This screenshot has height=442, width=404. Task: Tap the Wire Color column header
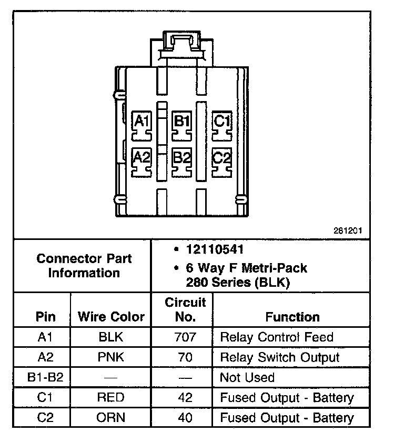coord(111,317)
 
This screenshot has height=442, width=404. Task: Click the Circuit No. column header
coord(186,309)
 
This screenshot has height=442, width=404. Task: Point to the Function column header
coord(292,317)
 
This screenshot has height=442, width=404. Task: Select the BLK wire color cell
coord(111,337)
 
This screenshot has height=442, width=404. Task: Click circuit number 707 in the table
coord(185,337)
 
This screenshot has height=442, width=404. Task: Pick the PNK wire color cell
coord(111,357)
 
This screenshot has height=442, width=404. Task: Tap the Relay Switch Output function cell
coord(279,357)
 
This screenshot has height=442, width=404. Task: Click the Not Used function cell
coord(247,377)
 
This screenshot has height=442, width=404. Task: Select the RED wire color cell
coord(111,398)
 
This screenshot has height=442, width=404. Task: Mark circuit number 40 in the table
coord(185,418)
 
